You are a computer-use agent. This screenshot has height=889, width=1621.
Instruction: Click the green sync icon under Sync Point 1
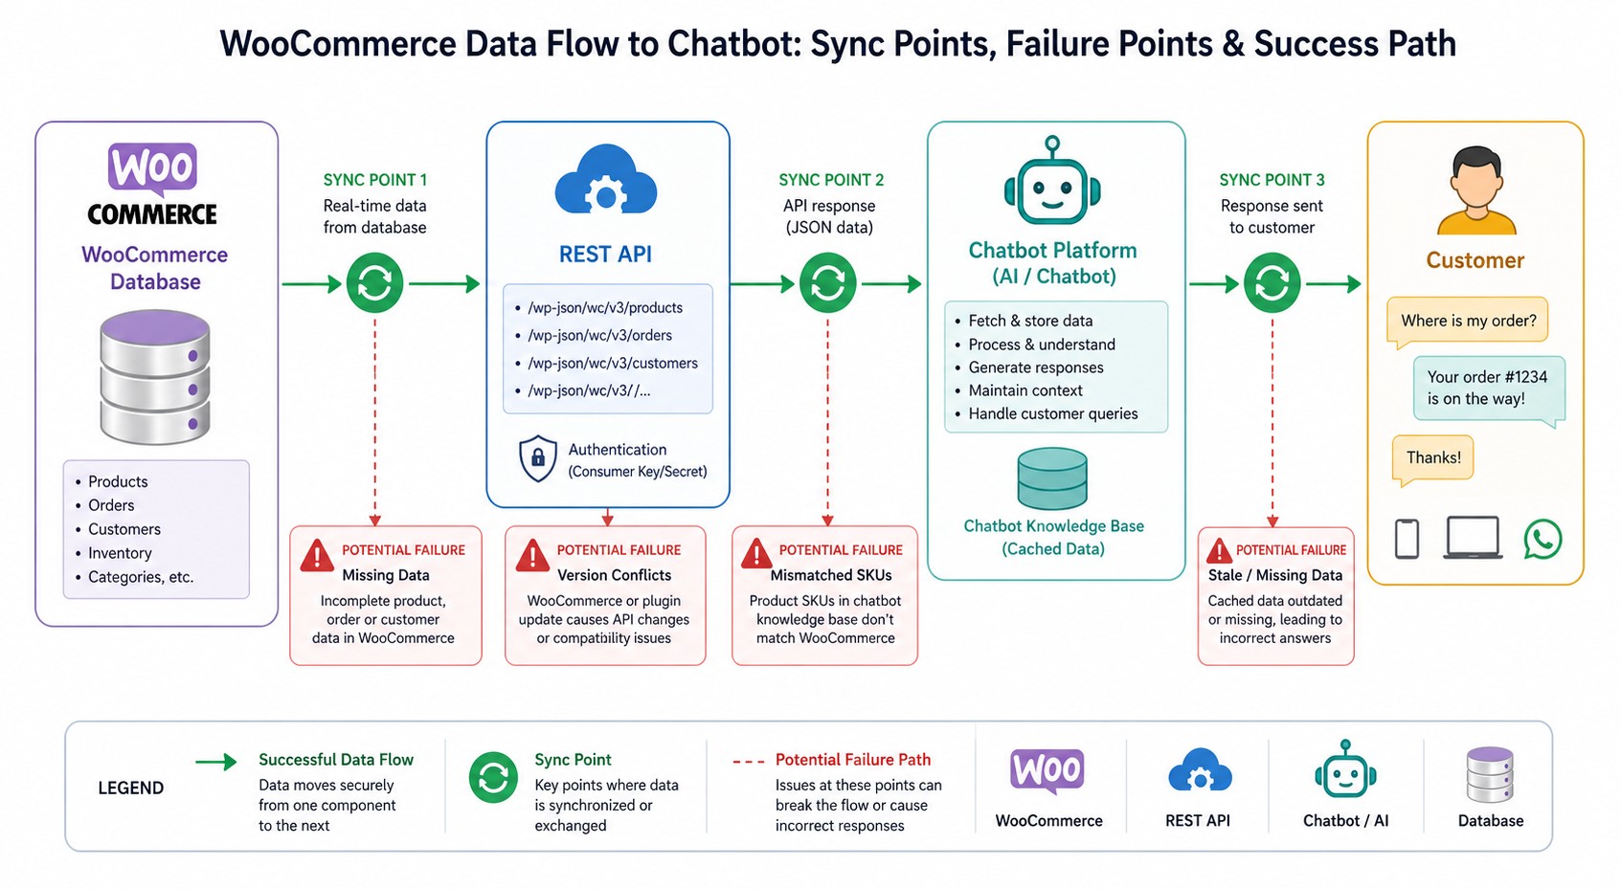pyautogui.click(x=374, y=283)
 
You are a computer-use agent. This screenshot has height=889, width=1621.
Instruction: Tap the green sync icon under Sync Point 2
pyautogui.click(x=828, y=283)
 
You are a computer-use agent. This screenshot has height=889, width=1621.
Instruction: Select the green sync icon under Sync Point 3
pyautogui.click(x=1272, y=283)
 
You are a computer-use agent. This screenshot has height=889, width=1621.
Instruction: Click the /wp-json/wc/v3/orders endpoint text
pyautogui.click(x=599, y=336)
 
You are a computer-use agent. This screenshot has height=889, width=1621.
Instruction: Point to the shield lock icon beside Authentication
pyautogui.click(x=537, y=459)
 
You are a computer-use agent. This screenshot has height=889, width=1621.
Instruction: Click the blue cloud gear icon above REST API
pyautogui.click(x=605, y=181)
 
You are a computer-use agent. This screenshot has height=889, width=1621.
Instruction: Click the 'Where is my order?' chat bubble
pyautogui.click(x=1467, y=321)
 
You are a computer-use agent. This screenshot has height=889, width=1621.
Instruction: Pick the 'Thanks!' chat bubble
pyautogui.click(x=1432, y=457)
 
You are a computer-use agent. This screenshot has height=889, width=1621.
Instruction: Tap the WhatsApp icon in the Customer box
pyautogui.click(x=1542, y=539)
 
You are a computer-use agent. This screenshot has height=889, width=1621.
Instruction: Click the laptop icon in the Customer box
pyautogui.click(x=1472, y=538)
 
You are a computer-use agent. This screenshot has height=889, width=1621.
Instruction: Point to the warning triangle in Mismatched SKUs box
pyautogui.click(x=756, y=554)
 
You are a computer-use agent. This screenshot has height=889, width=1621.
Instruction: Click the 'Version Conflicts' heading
pyautogui.click(x=614, y=575)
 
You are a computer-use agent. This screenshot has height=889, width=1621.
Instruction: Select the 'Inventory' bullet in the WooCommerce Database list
pyautogui.click(x=120, y=553)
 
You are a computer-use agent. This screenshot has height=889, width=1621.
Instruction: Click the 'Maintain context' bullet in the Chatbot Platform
pyautogui.click(x=1024, y=390)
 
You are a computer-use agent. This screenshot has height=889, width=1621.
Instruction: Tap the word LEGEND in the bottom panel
pyautogui.click(x=131, y=788)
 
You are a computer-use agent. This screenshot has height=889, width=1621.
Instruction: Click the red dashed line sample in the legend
pyautogui.click(x=748, y=762)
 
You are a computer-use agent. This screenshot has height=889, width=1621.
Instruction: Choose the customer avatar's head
pyautogui.click(x=1475, y=177)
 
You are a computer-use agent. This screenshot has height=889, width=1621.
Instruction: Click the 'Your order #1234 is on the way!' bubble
pyautogui.click(x=1487, y=388)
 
